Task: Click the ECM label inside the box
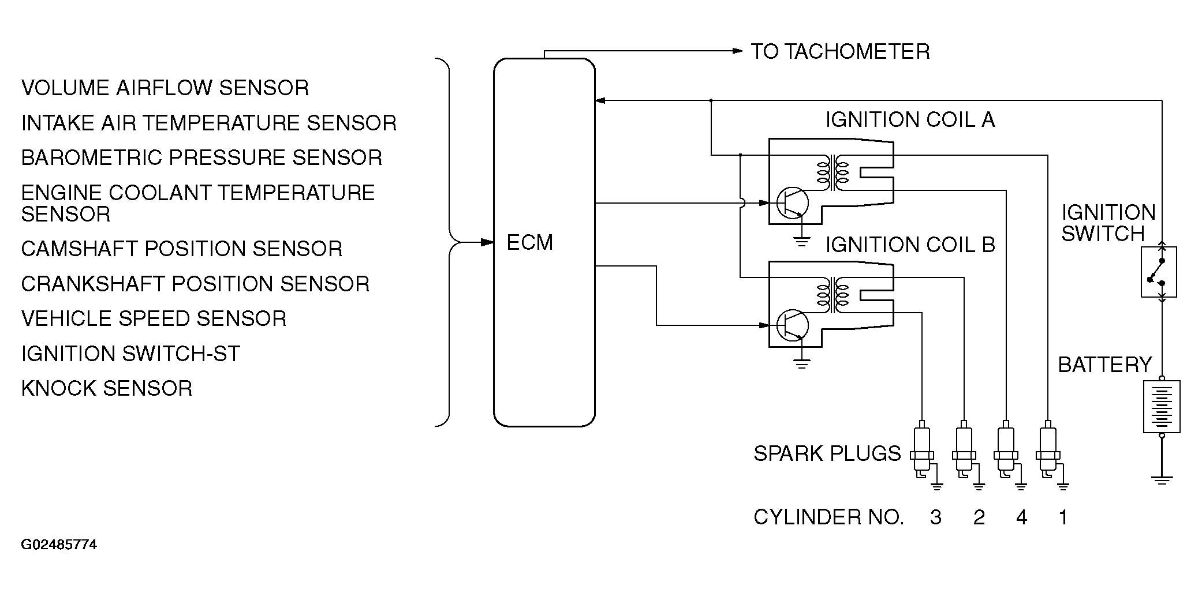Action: (529, 242)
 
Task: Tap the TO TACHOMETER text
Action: (840, 52)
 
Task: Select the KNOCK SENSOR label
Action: (107, 388)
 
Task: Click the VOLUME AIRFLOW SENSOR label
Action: (165, 88)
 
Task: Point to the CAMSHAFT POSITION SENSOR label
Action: (182, 249)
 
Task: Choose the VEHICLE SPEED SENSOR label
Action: (154, 318)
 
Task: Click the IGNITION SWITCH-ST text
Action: (130, 354)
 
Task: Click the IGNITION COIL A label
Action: (910, 120)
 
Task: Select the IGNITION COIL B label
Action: (910, 245)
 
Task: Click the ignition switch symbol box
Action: (1159, 272)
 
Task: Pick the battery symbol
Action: (1162, 406)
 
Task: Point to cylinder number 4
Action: (1021, 517)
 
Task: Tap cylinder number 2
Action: (979, 517)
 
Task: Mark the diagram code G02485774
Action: (59, 545)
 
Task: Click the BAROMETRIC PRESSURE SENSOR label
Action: (201, 157)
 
